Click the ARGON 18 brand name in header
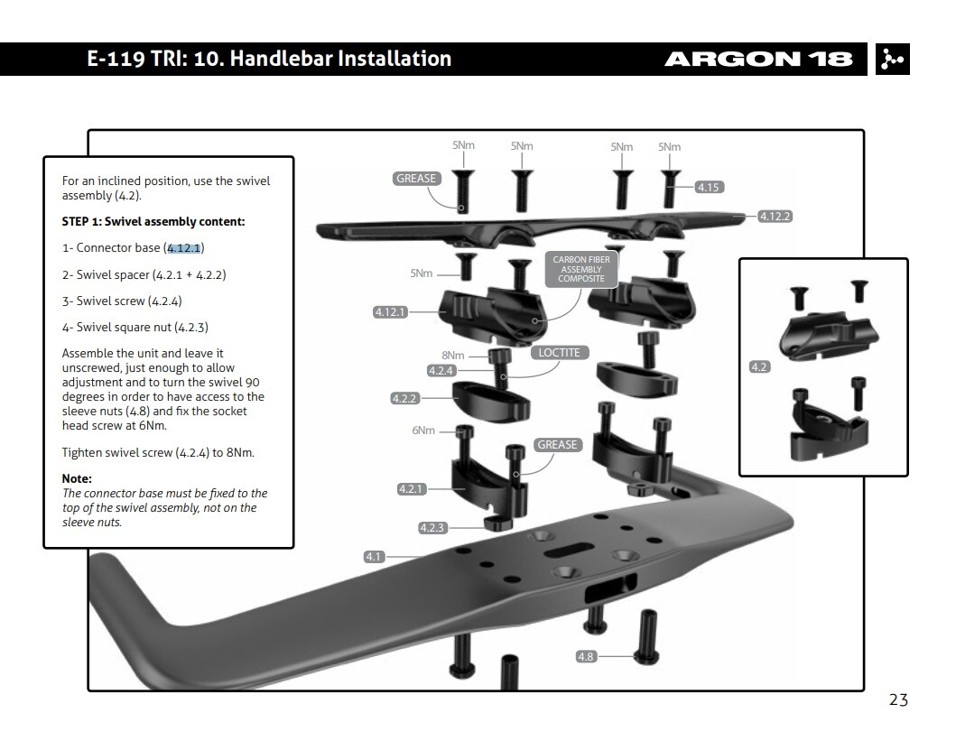click(x=757, y=60)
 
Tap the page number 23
click(x=897, y=699)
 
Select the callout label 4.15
click(x=709, y=188)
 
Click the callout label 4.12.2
click(x=775, y=217)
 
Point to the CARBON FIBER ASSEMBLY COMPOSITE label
click(x=581, y=270)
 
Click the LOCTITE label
click(x=559, y=353)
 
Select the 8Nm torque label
click(x=452, y=356)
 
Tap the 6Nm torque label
click(x=423, y=431)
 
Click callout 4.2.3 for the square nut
click(x=432, y=528)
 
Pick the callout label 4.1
click(x=374, y=557)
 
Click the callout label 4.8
click(x=585, y=656)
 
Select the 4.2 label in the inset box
click(x=759, y=367)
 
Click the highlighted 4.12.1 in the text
click(x=185, y=248)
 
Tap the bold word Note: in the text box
click(x=77, y=478)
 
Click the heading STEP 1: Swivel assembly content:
click(x=153, y=221)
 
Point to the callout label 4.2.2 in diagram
click(x=404, y=398)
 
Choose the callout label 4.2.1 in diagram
click(x=412, y=489)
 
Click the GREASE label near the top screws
click(x=416, y=179)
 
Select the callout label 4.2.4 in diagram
click(x=441, y=370)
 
